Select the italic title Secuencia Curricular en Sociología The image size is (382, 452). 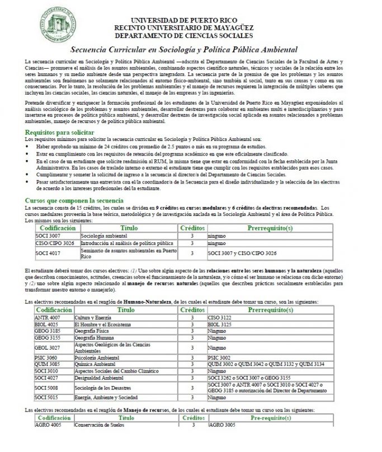pos(192,49)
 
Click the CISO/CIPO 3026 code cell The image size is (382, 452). pos(54,244)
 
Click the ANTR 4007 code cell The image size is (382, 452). pos(47,317)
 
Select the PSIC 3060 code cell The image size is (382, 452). pos(46,357)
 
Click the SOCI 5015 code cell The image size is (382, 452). pos(46,398)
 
